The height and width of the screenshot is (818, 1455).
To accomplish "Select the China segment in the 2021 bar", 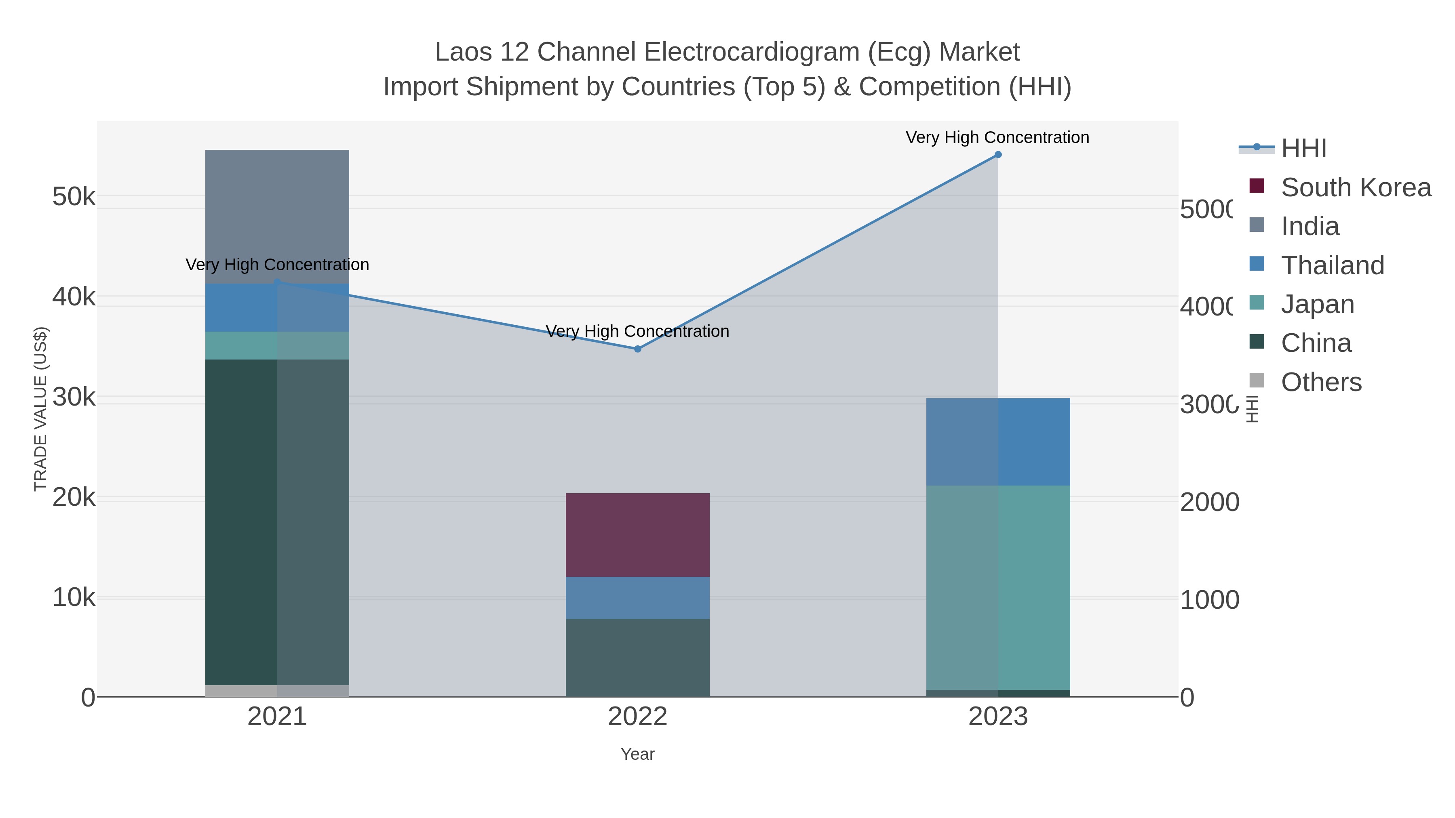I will point(277,522).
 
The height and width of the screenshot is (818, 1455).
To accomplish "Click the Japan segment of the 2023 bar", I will point(998,587).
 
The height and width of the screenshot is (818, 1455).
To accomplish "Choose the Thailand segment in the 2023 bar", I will point(998,442).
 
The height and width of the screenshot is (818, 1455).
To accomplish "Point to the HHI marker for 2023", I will point(998,155).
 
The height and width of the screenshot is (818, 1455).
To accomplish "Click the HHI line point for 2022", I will point(638,349).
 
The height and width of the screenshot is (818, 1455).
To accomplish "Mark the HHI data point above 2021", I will point(277,282).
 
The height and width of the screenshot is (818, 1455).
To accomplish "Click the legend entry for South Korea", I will point(1356,187).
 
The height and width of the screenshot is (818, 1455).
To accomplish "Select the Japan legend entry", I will point(1317,304).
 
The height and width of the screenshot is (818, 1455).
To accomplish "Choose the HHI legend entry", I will point(1303,149).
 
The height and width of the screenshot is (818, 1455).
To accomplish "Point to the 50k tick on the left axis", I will point(74,197).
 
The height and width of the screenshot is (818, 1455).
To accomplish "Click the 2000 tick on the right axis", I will point(1209,502).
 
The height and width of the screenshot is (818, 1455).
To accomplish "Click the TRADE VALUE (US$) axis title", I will point(41,409).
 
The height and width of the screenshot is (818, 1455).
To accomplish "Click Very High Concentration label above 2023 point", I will point(997,137).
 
